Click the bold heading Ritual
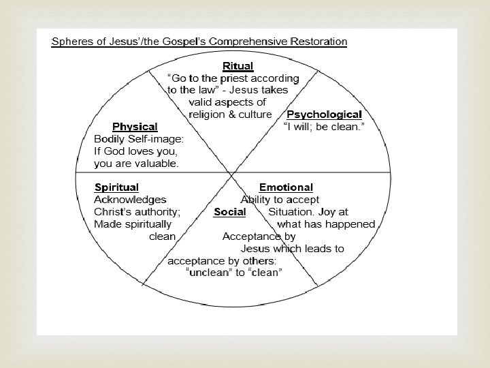(238, 66)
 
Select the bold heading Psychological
(324, 114)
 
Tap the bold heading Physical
(135, 127)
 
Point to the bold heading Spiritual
(116, 187)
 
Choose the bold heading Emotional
(286, 187)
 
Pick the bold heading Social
(229, 212)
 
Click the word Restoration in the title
(318, 41)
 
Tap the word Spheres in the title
(71, 41)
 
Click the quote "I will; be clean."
(323, 127)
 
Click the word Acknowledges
(130, 200)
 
